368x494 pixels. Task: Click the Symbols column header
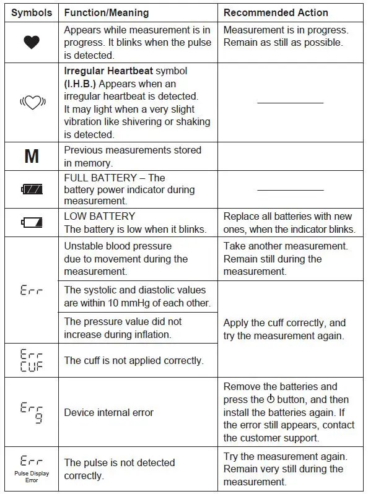point(31,12)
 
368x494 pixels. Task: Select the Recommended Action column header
point(276,12)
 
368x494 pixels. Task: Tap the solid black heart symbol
point(31,42)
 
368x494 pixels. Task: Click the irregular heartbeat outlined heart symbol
point(31,102)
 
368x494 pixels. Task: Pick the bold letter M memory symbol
point(31,157)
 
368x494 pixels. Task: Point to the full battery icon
point(31,189)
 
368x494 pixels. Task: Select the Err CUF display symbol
point(31,360)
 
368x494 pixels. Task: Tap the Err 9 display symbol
point(31,412)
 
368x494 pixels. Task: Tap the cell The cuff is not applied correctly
point(133,360)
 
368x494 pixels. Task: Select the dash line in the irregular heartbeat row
point(290,102)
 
